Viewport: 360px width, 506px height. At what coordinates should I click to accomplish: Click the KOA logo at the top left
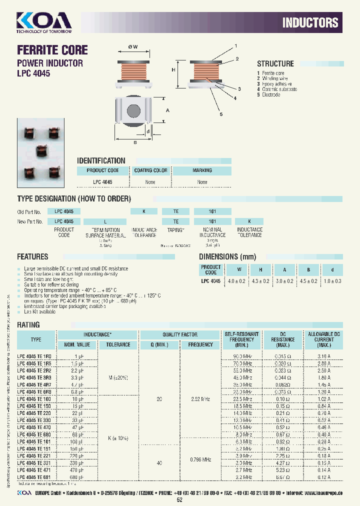pyautogui.click(x=44, y=21)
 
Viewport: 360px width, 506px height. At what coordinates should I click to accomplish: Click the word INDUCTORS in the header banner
pyautogui.click(x=310, y=22)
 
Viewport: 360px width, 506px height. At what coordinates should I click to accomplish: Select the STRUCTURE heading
pyautogui.click(x=275, y=64)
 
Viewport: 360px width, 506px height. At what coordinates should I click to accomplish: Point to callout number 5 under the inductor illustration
pyautogui.click(x=220, y=114)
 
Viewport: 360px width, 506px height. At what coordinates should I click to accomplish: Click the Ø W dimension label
pyautogui.click(x=133, y=46)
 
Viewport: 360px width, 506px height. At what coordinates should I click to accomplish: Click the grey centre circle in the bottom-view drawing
pyautogui.click(x=133, y=110)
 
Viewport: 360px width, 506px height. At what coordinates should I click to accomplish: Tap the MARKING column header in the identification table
pyautogui.click(x=202, y=170)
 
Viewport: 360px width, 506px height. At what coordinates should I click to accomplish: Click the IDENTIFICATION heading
pyautogui.click(x=101, y=160)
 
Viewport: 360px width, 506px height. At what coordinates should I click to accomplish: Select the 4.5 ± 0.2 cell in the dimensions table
pyautogui.click(x=307, y=281)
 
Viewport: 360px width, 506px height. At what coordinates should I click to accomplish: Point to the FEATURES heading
pyautogui.click(x=33, y=257)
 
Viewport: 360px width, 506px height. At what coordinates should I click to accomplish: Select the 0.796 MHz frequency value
pyautogui.click(x=200, y=459)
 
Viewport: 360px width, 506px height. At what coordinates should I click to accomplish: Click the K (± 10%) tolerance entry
pyautogui.click(x=118, y=438)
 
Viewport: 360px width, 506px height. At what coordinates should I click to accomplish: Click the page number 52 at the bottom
pyautogui.click(x=180, y=499)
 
